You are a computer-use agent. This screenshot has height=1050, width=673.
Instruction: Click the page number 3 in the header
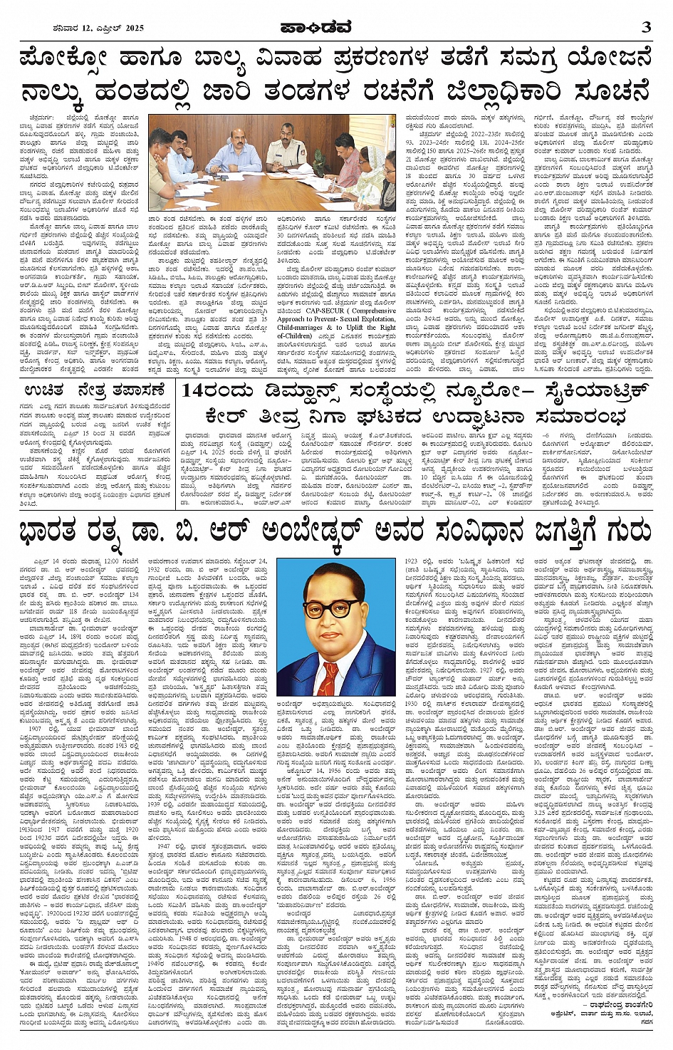point(646,27)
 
